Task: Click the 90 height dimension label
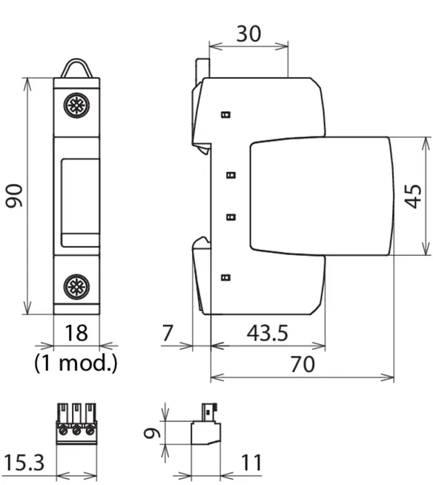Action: click(x=14, y=196)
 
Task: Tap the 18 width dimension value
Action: click(x=76, y=333)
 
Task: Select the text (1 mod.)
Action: click(x=76, y=363)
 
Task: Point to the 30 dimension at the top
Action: click(x=248, y=33)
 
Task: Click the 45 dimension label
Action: click(x=413, y=197)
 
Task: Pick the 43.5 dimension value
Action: click(x=267, y=333)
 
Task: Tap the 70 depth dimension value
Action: click(x=303, y=364)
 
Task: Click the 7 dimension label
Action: click(x=167, y=333)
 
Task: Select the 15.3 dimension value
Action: click(x=24, y=463)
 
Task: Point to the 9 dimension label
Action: click(x=153, y=433)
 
